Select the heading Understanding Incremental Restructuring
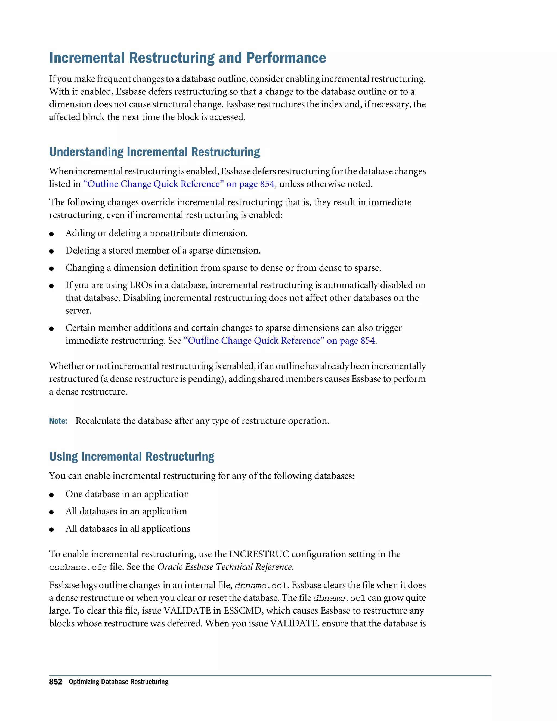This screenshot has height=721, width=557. [x=154, y=152]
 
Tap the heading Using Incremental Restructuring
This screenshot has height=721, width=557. [x=132, y=456]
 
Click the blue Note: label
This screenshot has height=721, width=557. [x=58, y=421]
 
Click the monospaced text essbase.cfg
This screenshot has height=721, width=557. [x=78, y=568]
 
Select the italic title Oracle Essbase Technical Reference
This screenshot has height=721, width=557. [x=225, y=567]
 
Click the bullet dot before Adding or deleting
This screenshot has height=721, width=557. [x=51, y=234]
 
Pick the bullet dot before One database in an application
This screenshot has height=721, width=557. [x=51, y=495]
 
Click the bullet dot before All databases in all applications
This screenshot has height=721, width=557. [x=51, y=529]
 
